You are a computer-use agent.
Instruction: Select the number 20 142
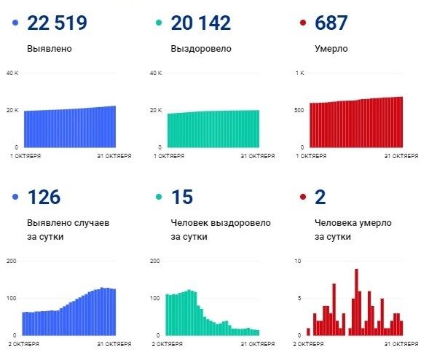200,23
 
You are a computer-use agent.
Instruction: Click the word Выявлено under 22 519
49,50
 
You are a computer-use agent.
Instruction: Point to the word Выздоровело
200,50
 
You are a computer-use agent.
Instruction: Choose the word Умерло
331,50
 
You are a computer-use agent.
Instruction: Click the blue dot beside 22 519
15,24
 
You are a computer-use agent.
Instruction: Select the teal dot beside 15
159,197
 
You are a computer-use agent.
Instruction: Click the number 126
44,197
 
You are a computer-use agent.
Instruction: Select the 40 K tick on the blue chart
12,73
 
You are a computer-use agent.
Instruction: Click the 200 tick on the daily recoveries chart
154,260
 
